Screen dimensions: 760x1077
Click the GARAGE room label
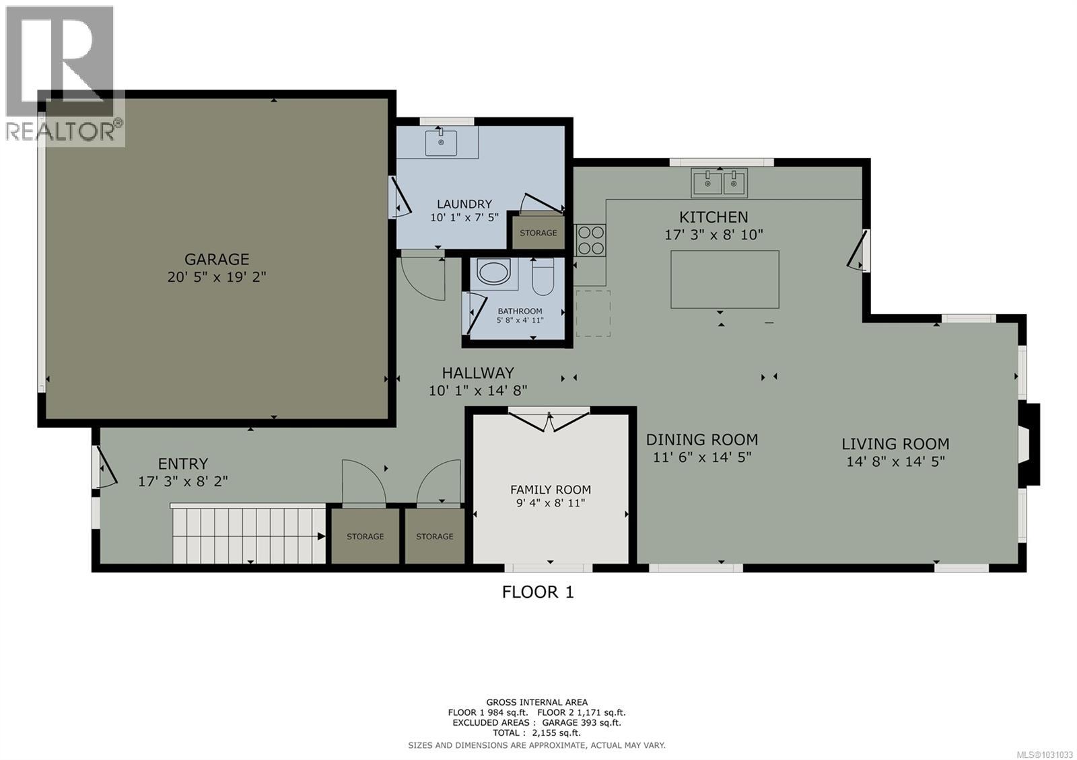coord(217,259)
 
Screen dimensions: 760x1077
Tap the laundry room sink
coord(441,143)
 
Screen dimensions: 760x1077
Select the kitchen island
coord(724,279)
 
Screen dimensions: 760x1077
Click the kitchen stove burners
coord(590,239)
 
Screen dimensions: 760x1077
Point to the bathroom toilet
coord(542,278)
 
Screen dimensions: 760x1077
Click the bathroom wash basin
coord(495,272)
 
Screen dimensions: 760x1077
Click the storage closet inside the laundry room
coord(538,233)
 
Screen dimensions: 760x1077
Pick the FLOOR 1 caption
coord(538,592)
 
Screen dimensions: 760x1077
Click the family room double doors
coord(549,421)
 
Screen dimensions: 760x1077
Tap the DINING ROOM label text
coord(701,440)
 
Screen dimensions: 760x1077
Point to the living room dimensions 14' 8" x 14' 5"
coord(895,461)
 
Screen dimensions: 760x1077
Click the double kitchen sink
coord(719,182)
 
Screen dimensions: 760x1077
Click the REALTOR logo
coord(63,74)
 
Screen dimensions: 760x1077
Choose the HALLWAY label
coord(477,373)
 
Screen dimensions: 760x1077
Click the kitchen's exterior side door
coord(858,251)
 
